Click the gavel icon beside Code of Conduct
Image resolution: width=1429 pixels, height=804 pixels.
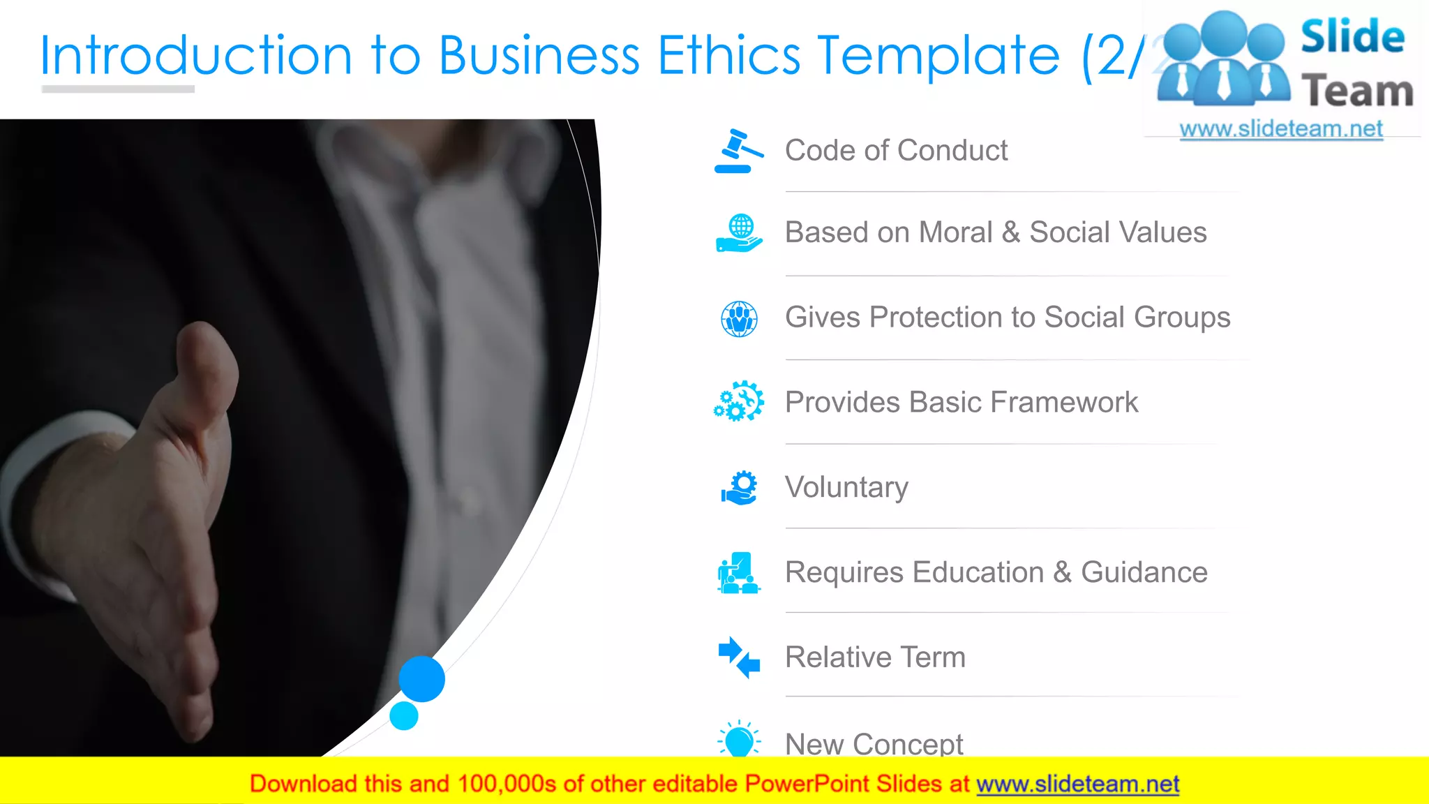click(738, 151)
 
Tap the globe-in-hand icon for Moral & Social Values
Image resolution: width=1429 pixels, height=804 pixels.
click(739, 234)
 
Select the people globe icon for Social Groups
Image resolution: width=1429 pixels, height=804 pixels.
click(739, 319)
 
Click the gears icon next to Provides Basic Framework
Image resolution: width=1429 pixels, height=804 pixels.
click(739, 402)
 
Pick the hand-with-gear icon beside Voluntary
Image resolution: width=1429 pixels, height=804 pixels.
click(739, 487)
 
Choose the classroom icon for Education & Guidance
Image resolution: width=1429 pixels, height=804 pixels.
click(738, 572)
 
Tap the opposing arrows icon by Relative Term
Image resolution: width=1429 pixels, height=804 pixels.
click(739, 657)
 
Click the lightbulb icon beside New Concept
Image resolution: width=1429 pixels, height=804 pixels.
click(739, 740)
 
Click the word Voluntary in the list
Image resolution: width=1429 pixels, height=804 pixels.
click(846, 487)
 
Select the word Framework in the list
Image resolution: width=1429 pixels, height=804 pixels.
click(1064, 402)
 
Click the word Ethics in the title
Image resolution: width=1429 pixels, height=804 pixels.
click(729, 55)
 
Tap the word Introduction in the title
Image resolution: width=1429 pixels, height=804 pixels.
click(196, 55)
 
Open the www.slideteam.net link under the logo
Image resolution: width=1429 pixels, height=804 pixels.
click(1281, 129)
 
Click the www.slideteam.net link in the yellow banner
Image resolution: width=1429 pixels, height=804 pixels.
click(1077, 784)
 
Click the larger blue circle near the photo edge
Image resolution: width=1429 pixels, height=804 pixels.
click(421, 678)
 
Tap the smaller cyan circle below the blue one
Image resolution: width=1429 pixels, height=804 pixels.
click(403, 716)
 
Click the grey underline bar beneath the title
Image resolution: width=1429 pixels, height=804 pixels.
click(118, 89)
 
